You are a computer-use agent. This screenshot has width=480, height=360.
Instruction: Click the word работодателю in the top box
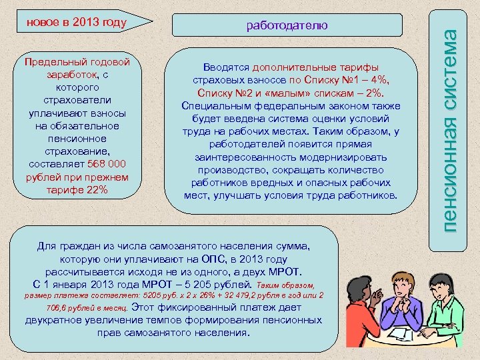(x=287, y=25)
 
